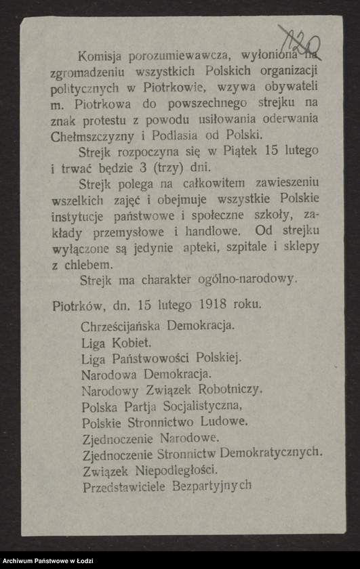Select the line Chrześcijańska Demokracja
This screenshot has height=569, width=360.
tap(158, 324)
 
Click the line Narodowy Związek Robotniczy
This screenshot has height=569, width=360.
tap(172, 389)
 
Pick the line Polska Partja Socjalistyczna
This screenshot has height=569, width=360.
tap(161, 406)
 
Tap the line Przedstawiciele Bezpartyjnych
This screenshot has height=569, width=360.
tap(167, 486)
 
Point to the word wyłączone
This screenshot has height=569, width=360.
tap(79, 247)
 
